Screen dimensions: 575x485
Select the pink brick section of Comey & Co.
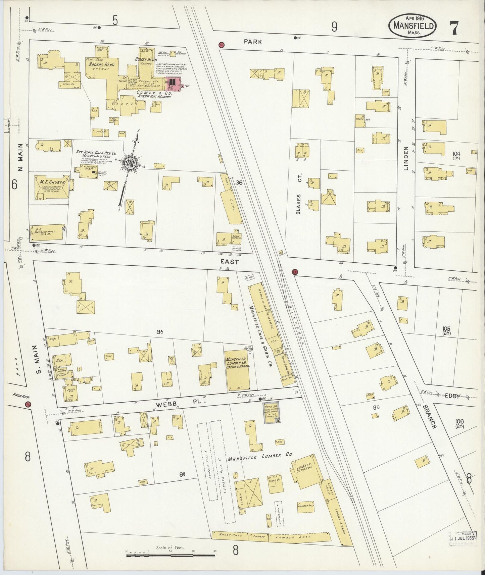(173, 82)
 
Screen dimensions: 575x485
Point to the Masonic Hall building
(47, 232)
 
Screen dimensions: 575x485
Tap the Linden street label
(406, 158)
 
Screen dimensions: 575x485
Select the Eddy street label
(452, 396)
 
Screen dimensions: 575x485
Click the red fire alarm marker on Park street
(221, 45)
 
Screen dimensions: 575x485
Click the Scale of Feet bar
(171, 556)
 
